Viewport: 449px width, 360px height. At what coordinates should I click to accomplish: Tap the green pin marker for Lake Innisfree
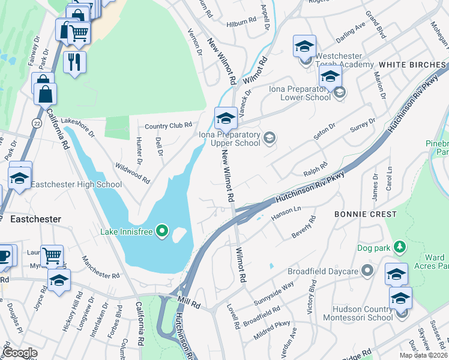(x=161, y=230)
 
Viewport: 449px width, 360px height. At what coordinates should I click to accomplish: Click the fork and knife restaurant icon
(x=74, y=62)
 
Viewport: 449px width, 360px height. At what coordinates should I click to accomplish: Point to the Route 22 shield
(x=37, y=122)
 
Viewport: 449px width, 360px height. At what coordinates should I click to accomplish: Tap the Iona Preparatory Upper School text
(x=230, y=139)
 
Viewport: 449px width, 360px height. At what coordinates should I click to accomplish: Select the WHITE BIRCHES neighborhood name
(x=409, y=64)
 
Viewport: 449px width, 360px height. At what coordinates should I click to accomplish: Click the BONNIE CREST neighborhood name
(x=366, y=214)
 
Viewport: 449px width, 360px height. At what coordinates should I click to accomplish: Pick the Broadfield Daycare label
(x=323, y=271)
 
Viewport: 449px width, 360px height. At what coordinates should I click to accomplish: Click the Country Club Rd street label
(x=169, y=125)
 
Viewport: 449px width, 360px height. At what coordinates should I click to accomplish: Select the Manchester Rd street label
(x=100, y=268)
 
